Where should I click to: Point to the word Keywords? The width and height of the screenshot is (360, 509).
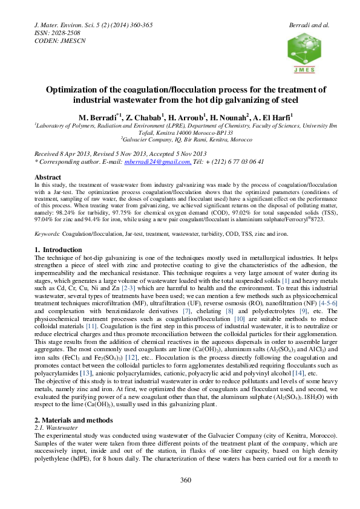(x=48, y=233)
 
